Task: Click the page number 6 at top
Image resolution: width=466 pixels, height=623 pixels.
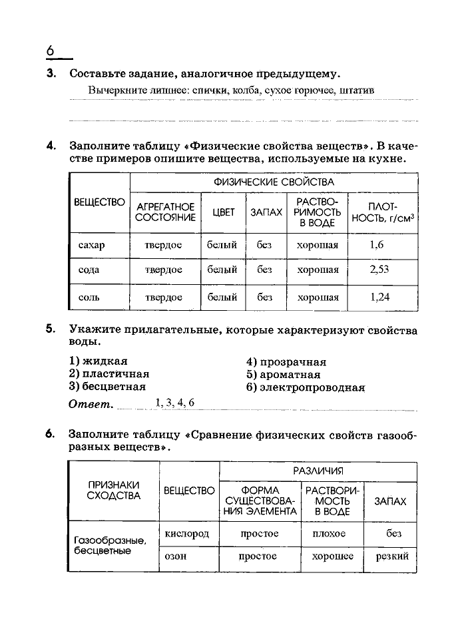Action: tap(50, 51)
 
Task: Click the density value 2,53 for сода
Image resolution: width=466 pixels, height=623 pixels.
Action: tap(379, 270)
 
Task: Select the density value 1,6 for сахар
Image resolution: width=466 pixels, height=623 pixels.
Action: tap(377, 244)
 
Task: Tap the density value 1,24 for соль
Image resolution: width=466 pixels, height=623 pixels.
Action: tap(379, 297)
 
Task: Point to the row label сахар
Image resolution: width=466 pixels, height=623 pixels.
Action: tap(91, 245)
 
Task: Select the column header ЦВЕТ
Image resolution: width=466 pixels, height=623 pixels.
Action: tap(224, 212)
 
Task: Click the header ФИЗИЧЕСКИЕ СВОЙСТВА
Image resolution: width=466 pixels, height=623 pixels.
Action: tap(274, 182)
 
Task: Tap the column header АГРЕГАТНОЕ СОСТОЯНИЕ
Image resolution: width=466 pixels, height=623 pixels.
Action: tap(165, 212)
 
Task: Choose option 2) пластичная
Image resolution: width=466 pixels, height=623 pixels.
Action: tap(109, 374)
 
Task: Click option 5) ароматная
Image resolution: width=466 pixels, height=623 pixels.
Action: tap(282, 374)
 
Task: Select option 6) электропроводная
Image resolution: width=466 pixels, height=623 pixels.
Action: tap(306, 387)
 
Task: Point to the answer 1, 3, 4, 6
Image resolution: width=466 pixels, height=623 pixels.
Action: tap(175, 402)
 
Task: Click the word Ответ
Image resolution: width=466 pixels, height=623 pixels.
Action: tap(91, 404)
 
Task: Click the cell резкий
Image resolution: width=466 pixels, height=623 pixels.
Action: tap(392, 556)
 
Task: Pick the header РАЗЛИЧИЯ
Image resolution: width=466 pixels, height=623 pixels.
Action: tap(318, 471)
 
